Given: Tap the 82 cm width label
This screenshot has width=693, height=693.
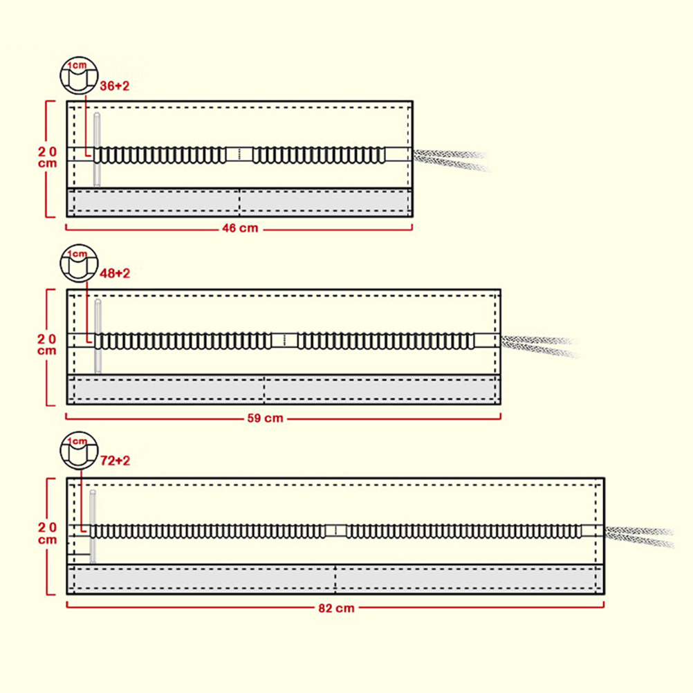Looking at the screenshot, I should [x=337, y=609].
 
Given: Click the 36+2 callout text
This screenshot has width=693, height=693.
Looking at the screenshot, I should [x=115, y=86].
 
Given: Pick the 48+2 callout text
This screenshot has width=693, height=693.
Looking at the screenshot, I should [x=115, y=273].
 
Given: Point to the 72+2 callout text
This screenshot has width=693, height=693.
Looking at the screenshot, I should [x=115, y=460].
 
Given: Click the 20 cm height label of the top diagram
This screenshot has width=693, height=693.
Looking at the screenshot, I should [x=48, y=157].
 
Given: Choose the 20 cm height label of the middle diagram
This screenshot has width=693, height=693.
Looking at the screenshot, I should [x=48, y=344].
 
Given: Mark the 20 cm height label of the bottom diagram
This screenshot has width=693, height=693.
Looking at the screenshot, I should [x=48, y=533].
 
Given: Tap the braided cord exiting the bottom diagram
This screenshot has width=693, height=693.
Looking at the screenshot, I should [x=640, y=536].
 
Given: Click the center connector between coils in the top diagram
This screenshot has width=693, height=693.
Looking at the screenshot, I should [x=239, y=154].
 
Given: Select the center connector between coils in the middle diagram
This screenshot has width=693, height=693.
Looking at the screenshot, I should [x=284, y=340].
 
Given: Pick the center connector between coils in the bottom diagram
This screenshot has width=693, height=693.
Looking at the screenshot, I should [x=336, y=531].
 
